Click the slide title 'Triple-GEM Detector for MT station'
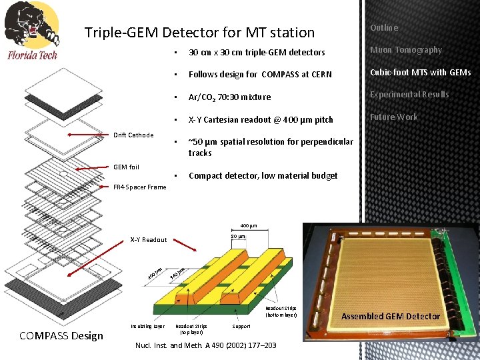click(199, 32)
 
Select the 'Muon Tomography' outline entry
click(406, 50)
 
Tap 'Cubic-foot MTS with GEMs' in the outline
click(420, 72)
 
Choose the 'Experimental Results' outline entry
click(409, 95)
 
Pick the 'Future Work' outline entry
click(394, 117)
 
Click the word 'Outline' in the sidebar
click(384, 28)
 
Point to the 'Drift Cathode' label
click(133, 135)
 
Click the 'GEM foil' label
click(126, 167)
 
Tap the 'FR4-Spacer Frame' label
click(139, 187)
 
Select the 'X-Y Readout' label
click(149, 239)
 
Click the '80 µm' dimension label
click(238, 237)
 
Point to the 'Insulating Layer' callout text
click(147, 327)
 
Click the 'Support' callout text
click(241, 327)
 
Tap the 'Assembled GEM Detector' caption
click(391, 316)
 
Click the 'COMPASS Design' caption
click(61, 335)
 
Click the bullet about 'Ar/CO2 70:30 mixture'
click(229, 97)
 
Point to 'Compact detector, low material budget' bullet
click(263, 176)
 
